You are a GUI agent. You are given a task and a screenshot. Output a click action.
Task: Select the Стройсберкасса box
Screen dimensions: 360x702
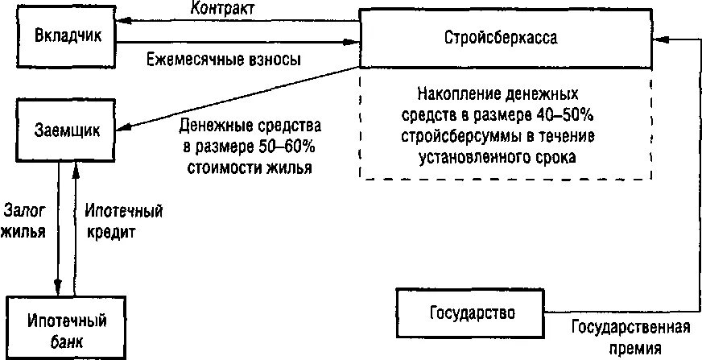click(x=506, y=38)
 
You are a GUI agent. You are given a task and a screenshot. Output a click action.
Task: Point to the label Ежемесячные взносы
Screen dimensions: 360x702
click(x=224, y=60)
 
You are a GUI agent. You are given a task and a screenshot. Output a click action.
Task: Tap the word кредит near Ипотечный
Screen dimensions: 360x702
click(x=110, y=231)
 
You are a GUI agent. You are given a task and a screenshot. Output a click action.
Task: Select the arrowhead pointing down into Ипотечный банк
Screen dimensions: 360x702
click(x=57, y=288)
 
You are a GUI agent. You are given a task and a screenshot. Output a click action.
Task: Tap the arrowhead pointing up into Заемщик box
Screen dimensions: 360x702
click(x=74, y=166)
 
